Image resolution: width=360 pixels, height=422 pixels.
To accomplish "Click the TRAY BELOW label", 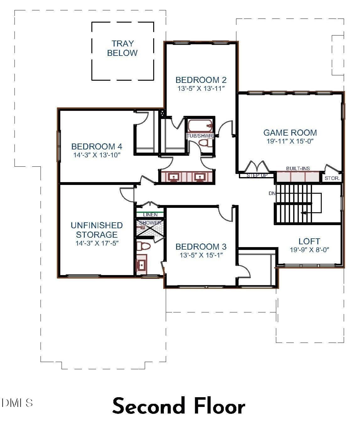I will tap(122, 48).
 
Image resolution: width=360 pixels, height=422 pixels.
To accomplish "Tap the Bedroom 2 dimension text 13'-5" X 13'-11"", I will tap(201, 89).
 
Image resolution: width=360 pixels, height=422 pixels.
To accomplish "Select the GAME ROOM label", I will tap(290, 133).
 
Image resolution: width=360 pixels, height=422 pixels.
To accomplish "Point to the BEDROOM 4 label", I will tap(97, 146).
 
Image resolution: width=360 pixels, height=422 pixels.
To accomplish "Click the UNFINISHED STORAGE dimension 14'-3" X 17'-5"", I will tap(97, 243).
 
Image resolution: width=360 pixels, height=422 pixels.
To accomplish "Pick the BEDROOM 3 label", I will tap(201, 246).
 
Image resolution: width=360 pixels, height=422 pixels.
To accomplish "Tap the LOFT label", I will tap(309, 241).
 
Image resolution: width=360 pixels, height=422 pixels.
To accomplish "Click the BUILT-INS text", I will tap(298, 169).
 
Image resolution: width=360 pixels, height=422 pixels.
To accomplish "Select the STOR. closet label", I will tap(332, 178).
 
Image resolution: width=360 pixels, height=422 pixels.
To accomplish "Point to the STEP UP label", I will tap(257, 176).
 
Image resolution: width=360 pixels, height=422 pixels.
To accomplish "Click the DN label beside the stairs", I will tap(272, 193).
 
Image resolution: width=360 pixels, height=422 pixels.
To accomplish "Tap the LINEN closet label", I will tap(150, 215).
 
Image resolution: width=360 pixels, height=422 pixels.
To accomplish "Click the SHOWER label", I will tap(150, 223).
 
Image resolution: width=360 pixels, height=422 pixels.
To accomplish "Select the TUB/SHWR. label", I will tap(200, 136).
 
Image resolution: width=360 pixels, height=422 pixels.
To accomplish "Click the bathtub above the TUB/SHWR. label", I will tap(200, 126).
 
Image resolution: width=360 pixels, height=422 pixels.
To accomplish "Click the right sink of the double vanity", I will tap(199, 177).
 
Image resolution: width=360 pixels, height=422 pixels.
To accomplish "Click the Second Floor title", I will tap(179, 406).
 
